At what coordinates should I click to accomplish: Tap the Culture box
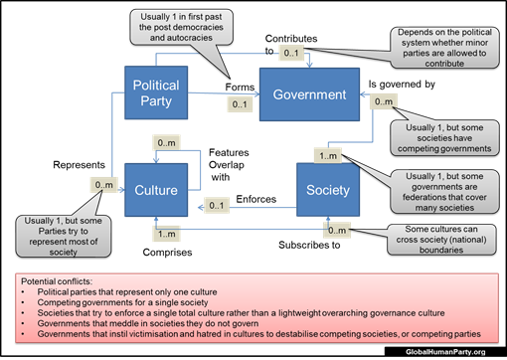click(156, 190)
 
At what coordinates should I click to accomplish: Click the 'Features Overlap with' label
click(228, 162)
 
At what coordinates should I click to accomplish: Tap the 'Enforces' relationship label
click(256, 199)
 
